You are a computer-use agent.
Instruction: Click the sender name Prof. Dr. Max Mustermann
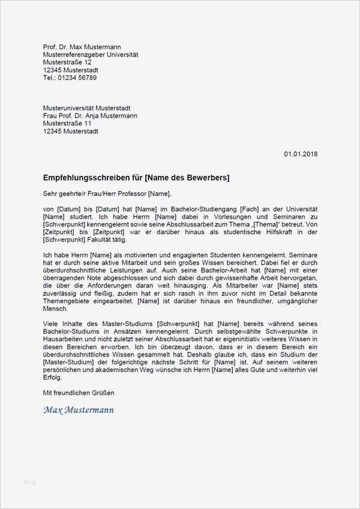79,47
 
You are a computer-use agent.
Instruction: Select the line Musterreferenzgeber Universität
91,55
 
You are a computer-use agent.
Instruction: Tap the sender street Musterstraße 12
68,62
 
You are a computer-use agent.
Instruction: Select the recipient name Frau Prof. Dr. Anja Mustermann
91,116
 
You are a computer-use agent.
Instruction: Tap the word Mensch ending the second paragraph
55,309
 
